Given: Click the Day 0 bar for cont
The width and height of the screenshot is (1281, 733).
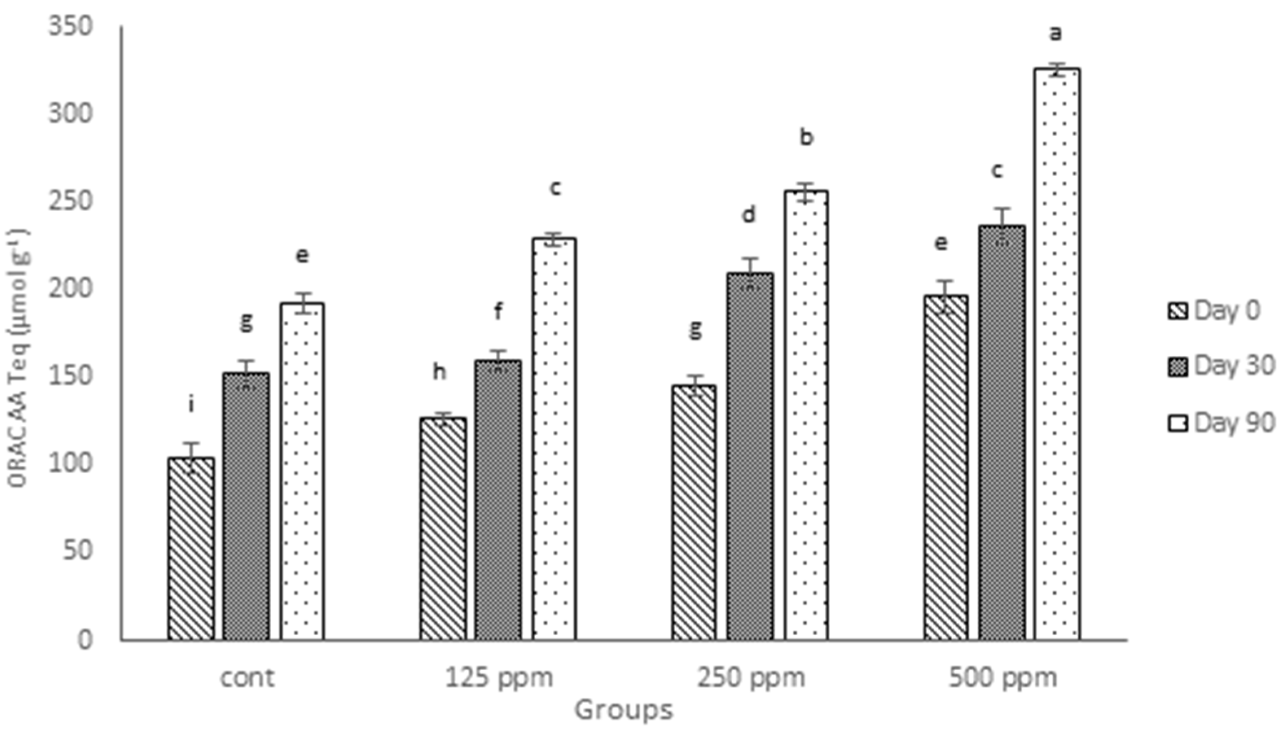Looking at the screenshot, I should coord(191,549).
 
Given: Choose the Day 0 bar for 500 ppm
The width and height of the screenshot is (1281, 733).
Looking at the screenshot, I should coord(945,468).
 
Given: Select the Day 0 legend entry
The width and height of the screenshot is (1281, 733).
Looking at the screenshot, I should coord(1214,311).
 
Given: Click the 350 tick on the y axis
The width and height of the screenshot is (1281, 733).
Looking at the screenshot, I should coord(70,26).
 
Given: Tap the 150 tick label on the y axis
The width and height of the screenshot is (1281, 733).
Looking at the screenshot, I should coord(70,376).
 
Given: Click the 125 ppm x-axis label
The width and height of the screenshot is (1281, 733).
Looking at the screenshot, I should coord(499,678).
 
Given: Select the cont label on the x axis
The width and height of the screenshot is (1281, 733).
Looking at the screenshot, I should coord(247,678).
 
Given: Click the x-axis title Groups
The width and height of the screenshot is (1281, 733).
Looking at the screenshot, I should coord(624,710).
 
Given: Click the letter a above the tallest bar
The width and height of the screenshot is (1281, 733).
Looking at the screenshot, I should coord(1055,34).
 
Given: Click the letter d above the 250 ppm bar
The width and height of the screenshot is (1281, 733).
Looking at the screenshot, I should coord(749,215).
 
